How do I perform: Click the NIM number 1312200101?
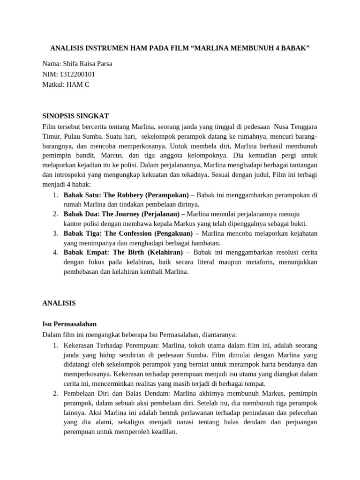click(x=76, y=74)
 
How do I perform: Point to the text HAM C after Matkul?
click(x=78, y=84)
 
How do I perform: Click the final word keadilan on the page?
click(x=164, y=432)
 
